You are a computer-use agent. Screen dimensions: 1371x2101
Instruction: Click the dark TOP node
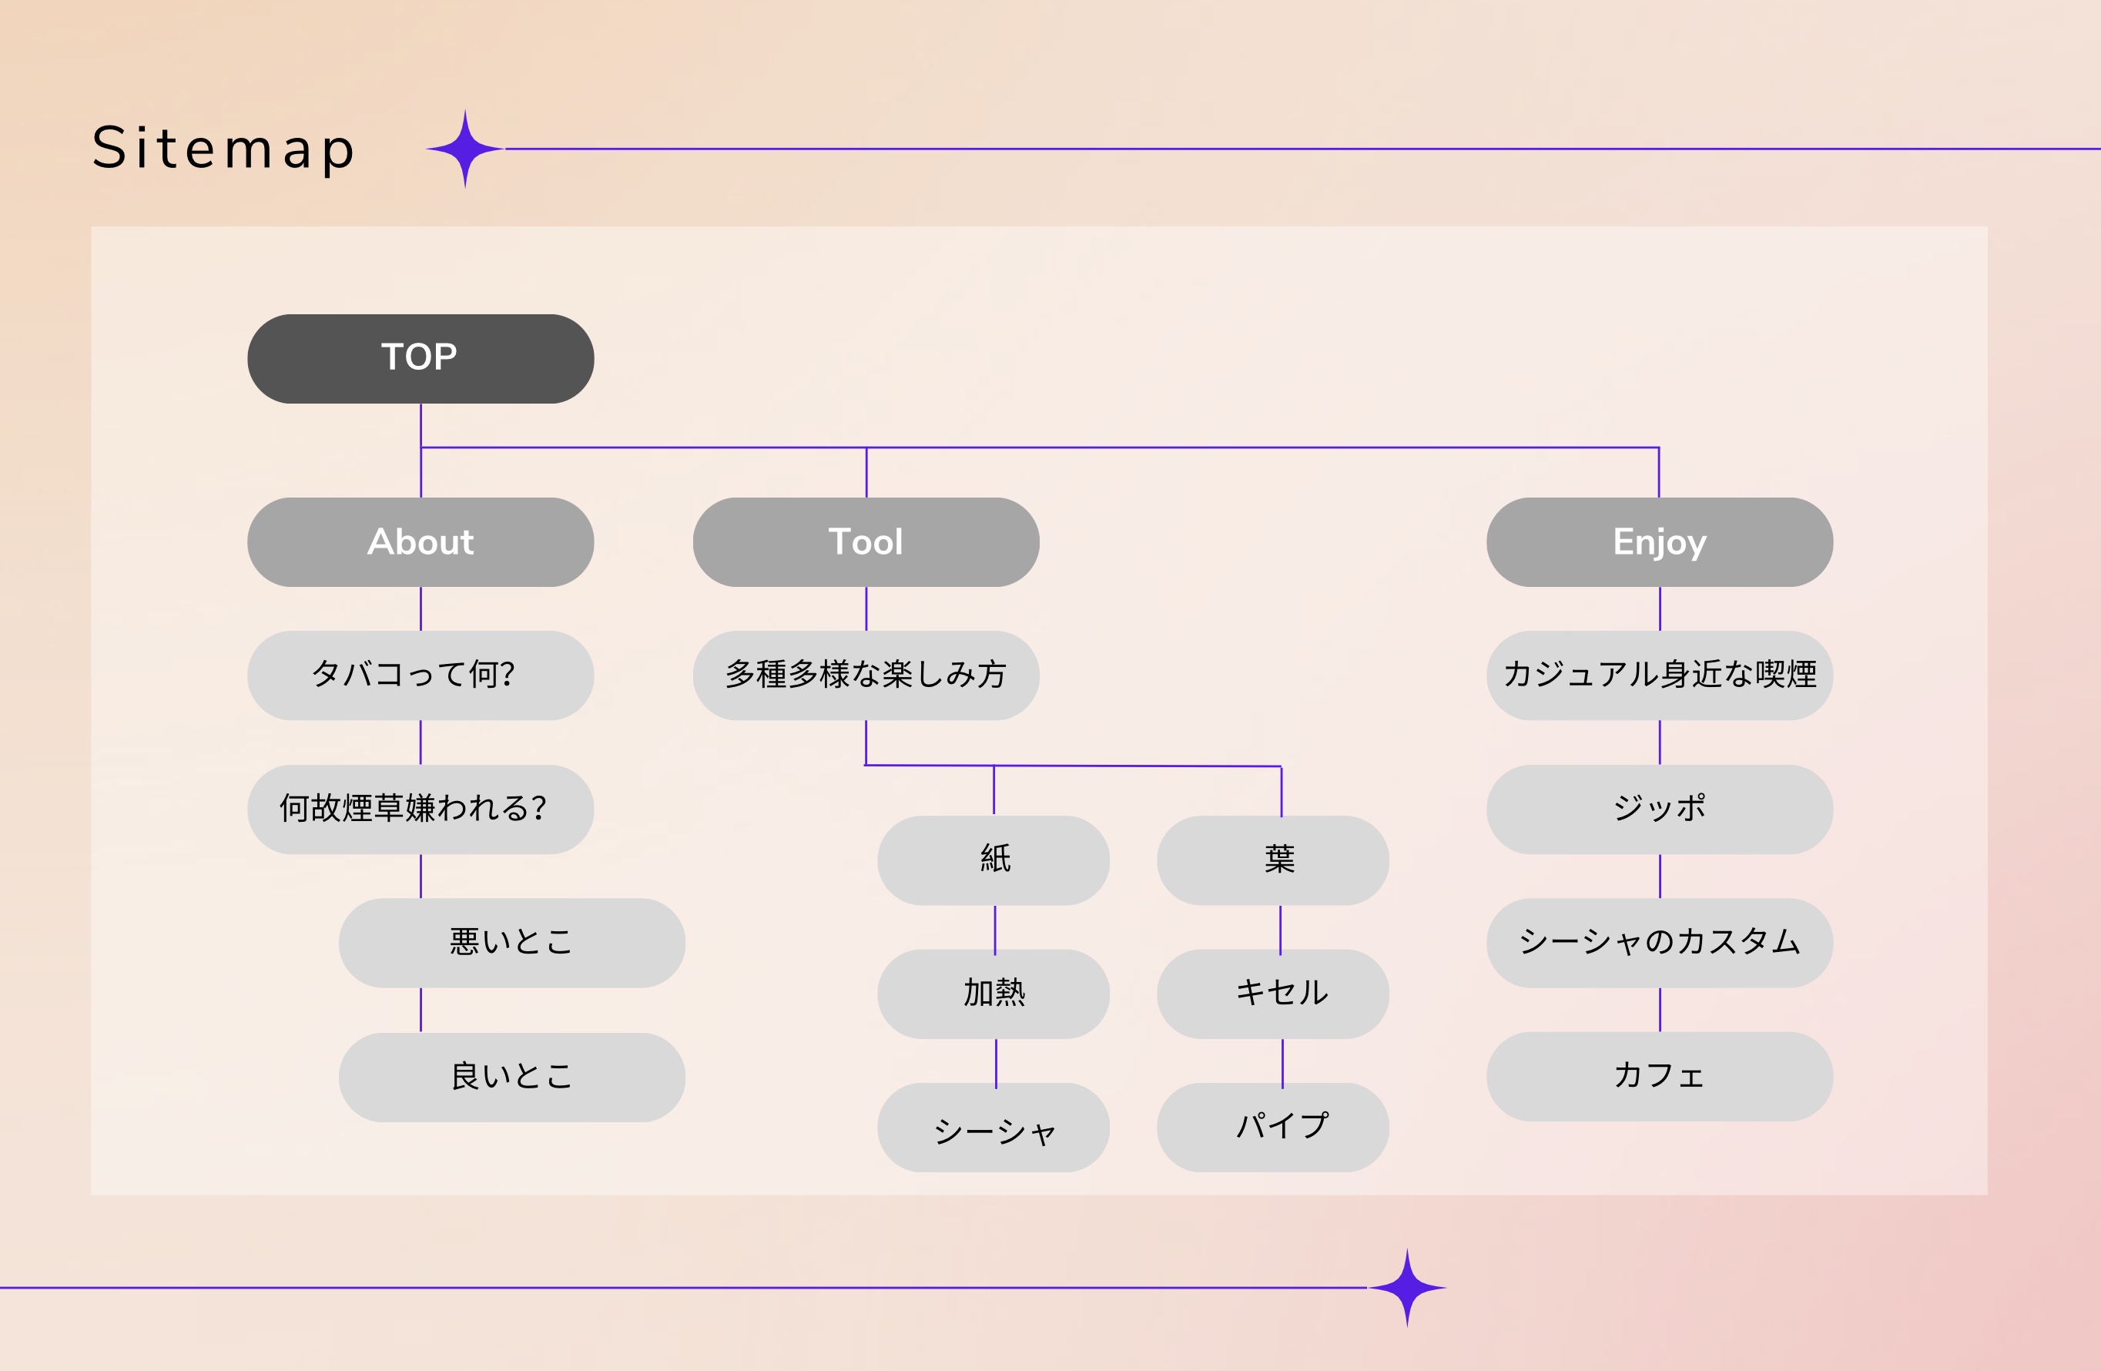pos(421,358)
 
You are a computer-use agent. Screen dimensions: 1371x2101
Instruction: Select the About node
pos(421,542)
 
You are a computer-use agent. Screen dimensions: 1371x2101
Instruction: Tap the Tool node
pos(865,542)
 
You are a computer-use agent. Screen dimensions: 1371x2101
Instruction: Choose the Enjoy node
pos(1659,542)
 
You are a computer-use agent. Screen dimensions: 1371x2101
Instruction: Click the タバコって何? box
pos(421,675)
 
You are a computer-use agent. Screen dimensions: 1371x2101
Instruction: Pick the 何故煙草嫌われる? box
pos(421,809)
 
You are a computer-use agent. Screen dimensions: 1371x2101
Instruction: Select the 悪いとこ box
pos(511,942)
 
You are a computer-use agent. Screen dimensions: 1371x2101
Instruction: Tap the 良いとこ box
pos(511,1076)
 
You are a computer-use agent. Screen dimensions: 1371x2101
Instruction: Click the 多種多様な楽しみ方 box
pos(865,675)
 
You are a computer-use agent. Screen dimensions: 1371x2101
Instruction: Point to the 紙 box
pos(993,860)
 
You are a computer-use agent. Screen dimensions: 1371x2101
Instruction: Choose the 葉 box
pos(1272,860)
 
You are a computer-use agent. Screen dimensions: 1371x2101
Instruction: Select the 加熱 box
pos(993,993)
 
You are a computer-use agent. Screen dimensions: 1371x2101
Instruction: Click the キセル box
pos(1272,993)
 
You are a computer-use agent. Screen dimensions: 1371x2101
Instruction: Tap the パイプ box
pos(1272,1127)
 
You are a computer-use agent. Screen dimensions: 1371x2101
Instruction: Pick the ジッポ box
pos(1659,809)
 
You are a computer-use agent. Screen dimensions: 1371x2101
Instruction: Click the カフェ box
pos(1659,1076)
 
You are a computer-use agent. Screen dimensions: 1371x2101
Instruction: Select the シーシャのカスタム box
pos(1659,942)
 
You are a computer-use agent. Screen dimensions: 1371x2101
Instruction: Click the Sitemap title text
pos(223,149)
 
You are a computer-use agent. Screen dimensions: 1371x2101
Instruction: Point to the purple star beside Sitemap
pos(465,149)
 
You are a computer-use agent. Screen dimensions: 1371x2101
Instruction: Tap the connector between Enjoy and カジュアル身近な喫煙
pos(1660,608)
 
